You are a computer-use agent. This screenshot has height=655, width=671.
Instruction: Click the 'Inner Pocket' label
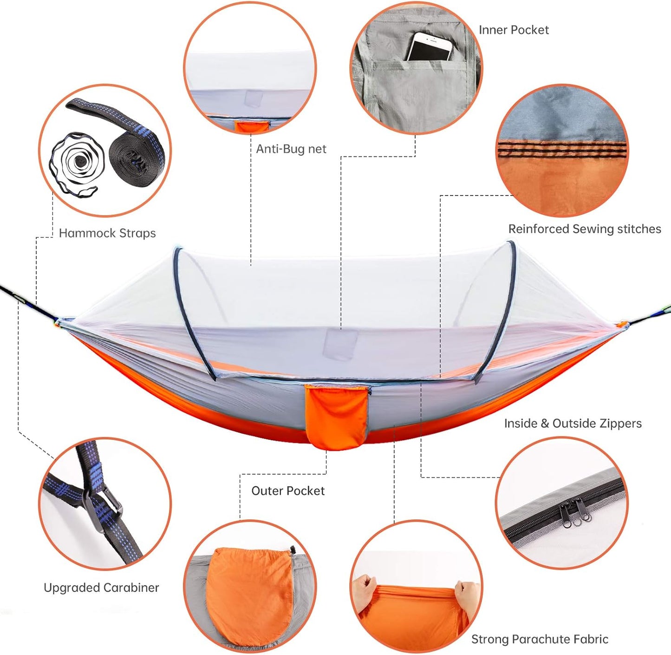[x=514, y=30]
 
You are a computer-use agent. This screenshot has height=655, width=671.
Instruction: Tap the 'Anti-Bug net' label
[x=291, y=149]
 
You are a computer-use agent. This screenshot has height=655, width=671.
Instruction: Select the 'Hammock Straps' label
[x=107, y=233]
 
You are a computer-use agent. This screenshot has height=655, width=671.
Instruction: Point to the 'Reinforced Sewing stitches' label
[x=585, y=229]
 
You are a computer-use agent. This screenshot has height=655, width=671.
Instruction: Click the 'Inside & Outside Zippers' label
[x=573, y=424]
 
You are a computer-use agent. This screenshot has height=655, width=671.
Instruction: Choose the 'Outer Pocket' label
[x=288, y=491]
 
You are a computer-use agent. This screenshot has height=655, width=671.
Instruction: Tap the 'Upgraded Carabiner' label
[x=101, y=588]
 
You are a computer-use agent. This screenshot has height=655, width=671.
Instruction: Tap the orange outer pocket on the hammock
[x=336, y=417]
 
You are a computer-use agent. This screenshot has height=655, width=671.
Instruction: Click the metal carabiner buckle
[x=102, y=507]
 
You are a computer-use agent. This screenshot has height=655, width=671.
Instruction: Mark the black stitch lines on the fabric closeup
[x=562, y=149]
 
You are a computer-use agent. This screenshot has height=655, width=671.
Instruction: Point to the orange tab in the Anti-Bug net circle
[x=251, y=126]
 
